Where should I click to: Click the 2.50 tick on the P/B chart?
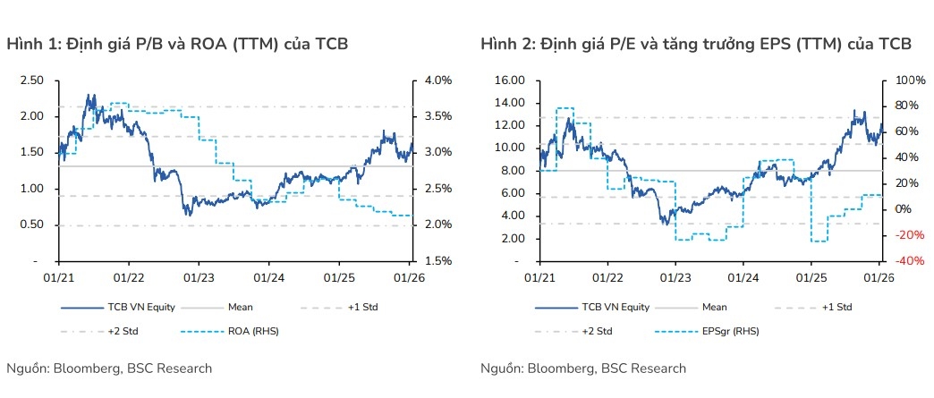(x=32, y=80)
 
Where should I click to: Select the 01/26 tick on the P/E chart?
(x=879, y=278)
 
